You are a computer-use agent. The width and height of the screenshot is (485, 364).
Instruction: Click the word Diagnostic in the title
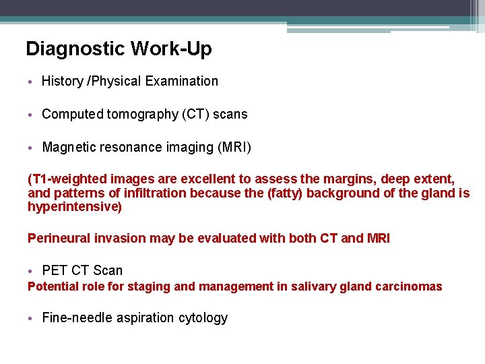click(75, 49)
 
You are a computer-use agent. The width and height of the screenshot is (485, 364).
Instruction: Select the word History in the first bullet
click(62, 81)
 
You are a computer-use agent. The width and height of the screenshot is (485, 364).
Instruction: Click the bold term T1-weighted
click(65, 179)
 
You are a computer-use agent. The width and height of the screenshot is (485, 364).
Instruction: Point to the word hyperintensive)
click(74, 207)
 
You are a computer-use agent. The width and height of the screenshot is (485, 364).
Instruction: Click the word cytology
click(203, 318)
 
